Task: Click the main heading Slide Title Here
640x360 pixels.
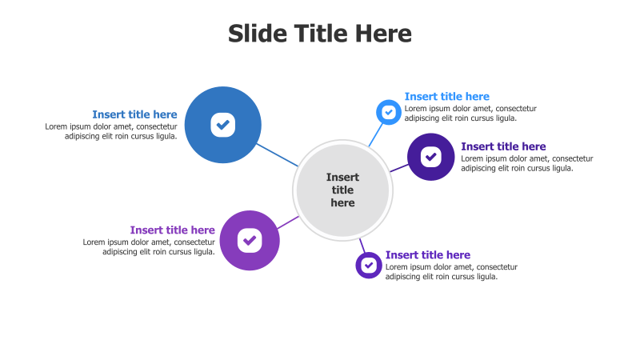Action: [320, 34]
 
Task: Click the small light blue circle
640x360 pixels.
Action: [389, 113]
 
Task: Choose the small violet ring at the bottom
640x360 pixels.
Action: [369, 265]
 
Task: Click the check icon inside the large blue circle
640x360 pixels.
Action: [223, 125]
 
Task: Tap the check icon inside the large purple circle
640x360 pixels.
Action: [250, 240]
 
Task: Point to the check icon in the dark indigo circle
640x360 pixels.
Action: [431, 157]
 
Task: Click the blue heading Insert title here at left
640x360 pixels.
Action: [134, 114]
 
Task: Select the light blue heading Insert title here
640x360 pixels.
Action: [446, 97]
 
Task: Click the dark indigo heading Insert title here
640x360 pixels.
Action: [503, 146]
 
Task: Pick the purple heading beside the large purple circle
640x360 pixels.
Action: [172, 230]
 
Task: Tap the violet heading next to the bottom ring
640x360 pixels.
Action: [427, 255]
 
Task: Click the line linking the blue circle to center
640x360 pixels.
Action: [278, 155]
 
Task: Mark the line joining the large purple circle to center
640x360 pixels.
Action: [289, 222]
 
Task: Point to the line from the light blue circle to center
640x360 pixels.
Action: [375, 134]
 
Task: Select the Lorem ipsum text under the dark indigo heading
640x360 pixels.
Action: [527, 163]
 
